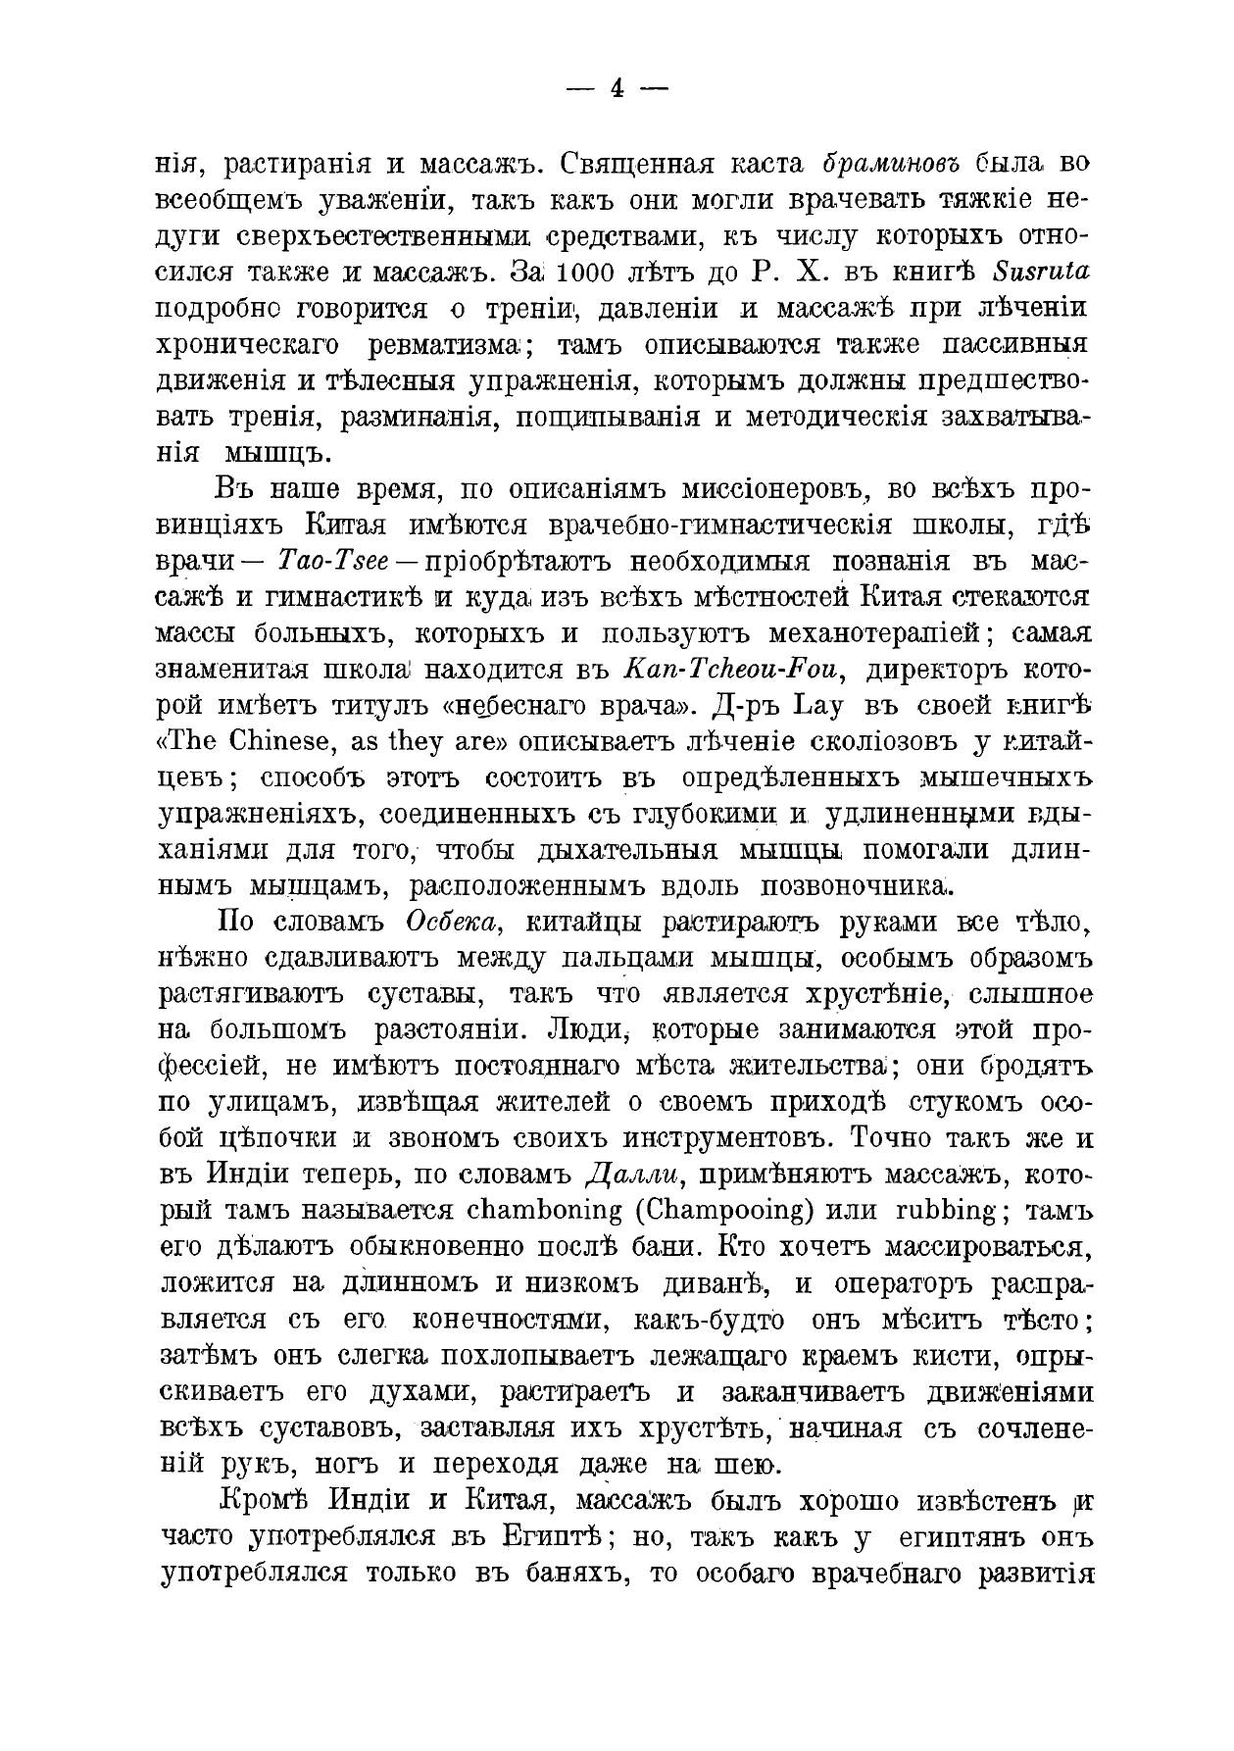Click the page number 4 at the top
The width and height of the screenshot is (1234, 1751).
click(x=617, y=89)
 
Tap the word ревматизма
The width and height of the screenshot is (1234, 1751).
click(x=445, y=346)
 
